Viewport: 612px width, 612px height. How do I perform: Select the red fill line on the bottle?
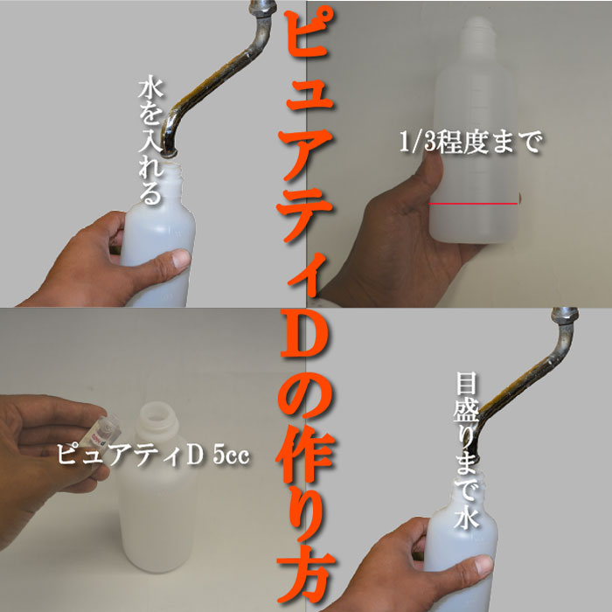[x=473, y=203]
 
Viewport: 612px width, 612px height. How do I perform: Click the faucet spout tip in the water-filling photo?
[x=171, y=150]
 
